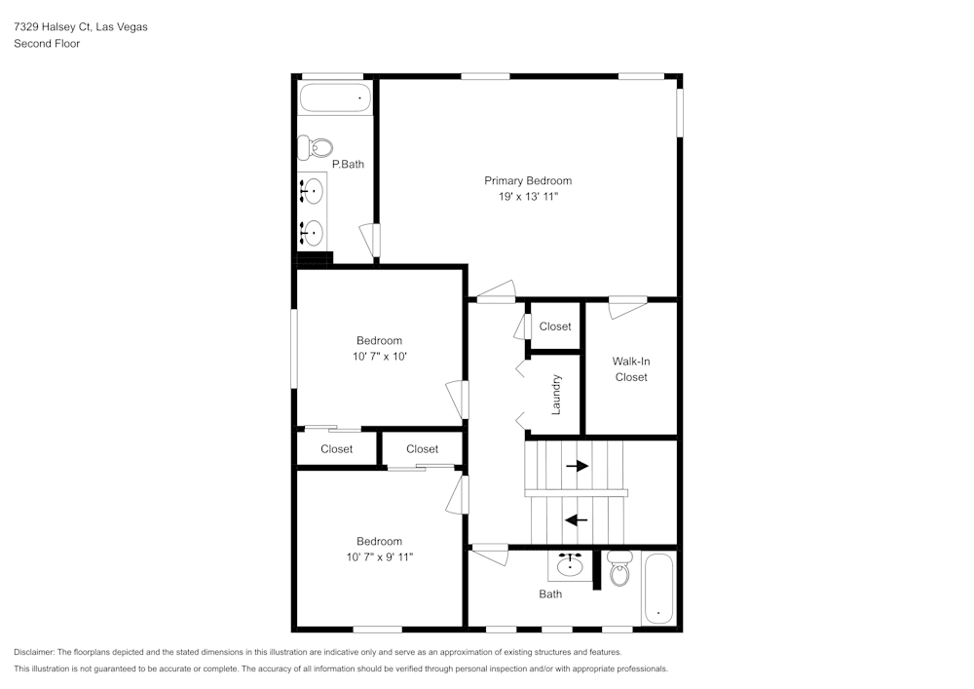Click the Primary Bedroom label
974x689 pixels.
click(x=528, y=180)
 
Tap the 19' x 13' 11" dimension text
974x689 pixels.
click(x=528, y=197)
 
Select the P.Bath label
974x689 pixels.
click(x=348, y=164)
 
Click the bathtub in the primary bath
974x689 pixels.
click(x=335, y=97)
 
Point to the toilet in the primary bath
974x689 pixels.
click(x=316, y=148)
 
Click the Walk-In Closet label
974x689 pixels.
click(x=631, y=369)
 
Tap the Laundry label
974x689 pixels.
click(x=556, y=395)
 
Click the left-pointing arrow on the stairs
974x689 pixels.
click(x=577, y=519)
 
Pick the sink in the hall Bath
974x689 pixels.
click(x=570, y=564)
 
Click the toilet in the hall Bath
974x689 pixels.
click(x=619, y=571)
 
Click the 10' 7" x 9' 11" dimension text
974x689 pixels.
click(x=379, y=557)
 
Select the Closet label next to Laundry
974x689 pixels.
click(x=555, y=326)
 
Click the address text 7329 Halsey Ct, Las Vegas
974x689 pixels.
click(x=81, y=27)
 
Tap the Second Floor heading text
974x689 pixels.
click(x=47, y=44)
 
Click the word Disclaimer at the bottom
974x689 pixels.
click(x=34, y=652)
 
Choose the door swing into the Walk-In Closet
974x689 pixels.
click(x=627, y=308)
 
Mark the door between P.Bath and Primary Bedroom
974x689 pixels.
click(x=370, y=240)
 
